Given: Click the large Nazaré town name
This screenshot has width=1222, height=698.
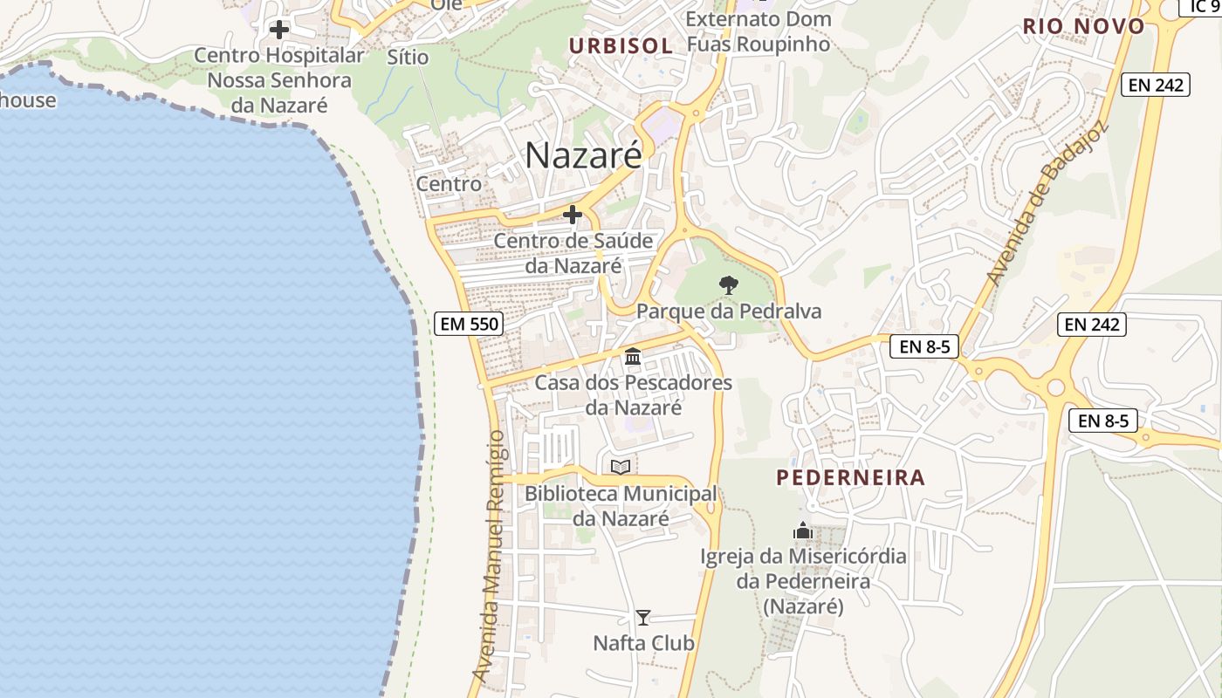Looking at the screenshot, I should [583, 155].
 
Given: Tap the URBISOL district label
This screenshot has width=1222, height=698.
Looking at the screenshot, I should [621, 46].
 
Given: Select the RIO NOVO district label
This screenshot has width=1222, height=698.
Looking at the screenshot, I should [1083, 26].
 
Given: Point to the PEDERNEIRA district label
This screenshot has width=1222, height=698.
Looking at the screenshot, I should [850, 477].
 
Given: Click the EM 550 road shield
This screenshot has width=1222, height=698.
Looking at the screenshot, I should [469, 325].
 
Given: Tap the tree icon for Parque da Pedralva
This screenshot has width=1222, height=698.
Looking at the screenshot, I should [728, 284].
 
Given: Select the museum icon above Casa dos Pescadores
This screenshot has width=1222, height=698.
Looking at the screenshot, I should [633, 356].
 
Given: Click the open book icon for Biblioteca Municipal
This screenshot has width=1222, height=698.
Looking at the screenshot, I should [621, 467].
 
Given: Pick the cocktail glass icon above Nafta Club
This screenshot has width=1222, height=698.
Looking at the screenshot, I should [643, 618].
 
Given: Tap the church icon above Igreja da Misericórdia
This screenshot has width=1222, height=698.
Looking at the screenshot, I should [802, 530].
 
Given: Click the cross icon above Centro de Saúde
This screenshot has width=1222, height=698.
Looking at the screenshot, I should [573, 214].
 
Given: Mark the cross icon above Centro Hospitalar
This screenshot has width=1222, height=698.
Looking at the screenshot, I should [278, 30].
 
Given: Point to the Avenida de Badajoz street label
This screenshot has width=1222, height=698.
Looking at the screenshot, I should [1047, 202].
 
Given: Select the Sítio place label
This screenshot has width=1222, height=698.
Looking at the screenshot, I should [408, 58].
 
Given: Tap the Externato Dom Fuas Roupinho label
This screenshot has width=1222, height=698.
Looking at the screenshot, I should [758, 31].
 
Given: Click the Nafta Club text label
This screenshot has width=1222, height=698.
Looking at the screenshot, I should [643, 643].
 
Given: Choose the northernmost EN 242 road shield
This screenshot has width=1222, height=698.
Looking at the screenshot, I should [1156, 85].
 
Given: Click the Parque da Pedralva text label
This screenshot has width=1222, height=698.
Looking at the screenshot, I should [729, 311].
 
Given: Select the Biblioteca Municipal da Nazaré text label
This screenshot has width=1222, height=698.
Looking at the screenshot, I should [620, 506].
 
